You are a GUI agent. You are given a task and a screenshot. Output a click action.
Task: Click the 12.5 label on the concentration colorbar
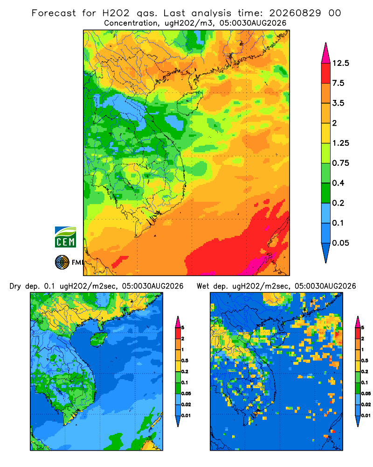point(341,63)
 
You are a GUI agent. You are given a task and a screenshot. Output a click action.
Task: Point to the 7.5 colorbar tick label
point(338,83)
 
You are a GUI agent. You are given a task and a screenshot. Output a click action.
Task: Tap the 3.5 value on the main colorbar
point(338,103)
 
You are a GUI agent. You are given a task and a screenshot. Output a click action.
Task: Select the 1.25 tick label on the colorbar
point(341,143)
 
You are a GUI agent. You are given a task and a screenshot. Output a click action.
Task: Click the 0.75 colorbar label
point(341,163)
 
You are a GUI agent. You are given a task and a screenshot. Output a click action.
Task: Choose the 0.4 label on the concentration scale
point(338,183)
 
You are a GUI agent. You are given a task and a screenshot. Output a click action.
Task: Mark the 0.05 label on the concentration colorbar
point(341,243)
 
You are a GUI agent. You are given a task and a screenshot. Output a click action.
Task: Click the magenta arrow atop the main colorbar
point(326,53)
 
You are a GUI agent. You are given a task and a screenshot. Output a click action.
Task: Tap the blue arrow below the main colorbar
point(326,253)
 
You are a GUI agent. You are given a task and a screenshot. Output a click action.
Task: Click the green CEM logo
point(65,237)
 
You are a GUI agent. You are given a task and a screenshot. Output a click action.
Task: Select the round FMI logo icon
point(62,262)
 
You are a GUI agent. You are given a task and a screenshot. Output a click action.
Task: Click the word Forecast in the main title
point(54,13)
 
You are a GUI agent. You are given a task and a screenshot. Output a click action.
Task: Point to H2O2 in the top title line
point(116,13)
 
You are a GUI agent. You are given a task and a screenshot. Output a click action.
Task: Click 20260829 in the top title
point(295,13)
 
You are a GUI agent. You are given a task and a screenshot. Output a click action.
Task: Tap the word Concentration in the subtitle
point(131,23)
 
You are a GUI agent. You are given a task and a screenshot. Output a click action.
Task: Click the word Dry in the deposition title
point(15,286)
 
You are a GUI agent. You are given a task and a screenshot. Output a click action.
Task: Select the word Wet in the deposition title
point(203,286)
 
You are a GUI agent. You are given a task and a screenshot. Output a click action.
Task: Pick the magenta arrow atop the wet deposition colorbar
point(358,322)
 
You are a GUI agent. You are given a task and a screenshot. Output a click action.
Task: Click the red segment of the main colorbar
point(326,73)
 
